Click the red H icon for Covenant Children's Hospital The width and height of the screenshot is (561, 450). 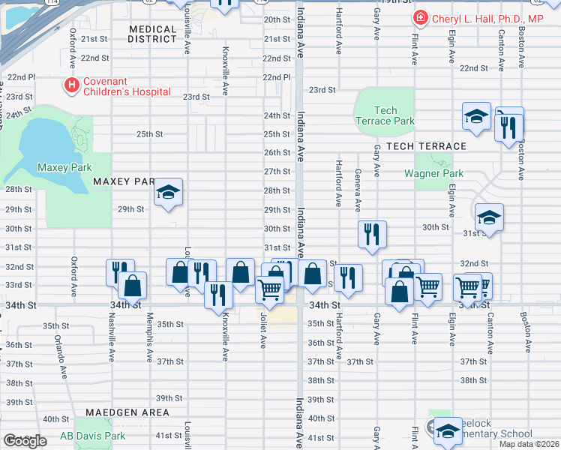(x=72, y=85)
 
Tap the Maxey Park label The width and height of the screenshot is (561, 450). (x=63, y=167)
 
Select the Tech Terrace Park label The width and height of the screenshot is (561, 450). (x=384, y=115)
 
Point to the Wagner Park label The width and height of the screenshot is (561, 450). (x=433, y=173)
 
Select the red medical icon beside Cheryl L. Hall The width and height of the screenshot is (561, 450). (x=421, y=19)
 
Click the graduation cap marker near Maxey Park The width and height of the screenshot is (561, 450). (x=168, y=193)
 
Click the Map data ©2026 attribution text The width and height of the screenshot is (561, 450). (x=528, y=444)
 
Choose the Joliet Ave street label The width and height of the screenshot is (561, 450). (x=263, y=330)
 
